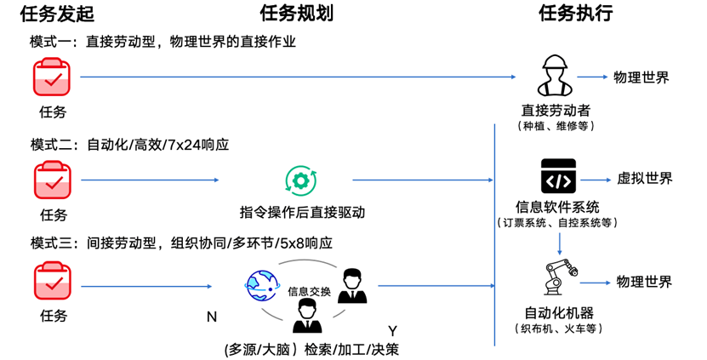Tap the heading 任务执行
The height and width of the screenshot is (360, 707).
[576, 14]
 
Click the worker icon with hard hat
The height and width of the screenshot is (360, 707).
[557, 75]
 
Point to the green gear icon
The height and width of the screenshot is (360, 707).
[300, 180]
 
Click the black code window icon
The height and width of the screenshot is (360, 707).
[557, 177]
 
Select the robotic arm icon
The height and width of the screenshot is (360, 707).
[558, 277]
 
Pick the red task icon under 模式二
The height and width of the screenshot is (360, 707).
[52, 180]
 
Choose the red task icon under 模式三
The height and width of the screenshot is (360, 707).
[52, 283]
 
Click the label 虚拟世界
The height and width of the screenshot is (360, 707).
[643, 179]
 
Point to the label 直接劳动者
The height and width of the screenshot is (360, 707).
[556, 111]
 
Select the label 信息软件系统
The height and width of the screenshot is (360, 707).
[557, 207]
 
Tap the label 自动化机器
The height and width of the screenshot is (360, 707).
[557, 311]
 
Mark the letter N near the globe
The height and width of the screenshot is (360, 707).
[212, 317]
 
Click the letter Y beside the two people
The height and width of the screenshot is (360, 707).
[392, 329]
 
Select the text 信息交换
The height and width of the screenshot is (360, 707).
[309, 291]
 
